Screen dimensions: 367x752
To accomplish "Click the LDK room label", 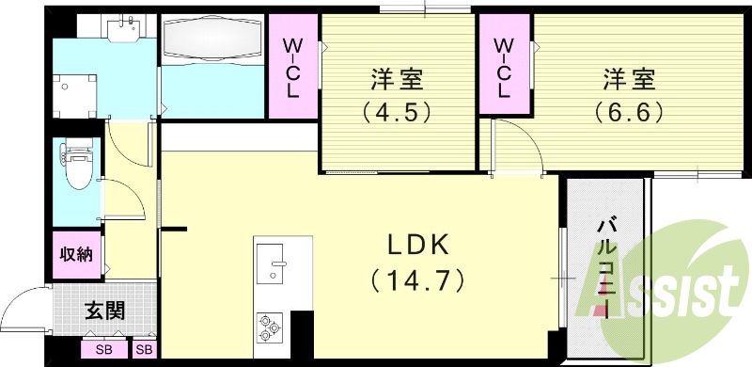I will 420,243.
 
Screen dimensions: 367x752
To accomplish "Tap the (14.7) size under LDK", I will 420,279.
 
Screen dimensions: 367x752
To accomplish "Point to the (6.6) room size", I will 629,113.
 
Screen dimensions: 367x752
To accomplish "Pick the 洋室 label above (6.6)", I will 629,77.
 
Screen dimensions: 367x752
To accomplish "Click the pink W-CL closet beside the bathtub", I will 292,66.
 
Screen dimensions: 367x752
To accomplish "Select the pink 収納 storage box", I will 76,253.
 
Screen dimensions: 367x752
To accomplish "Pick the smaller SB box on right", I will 145,350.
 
